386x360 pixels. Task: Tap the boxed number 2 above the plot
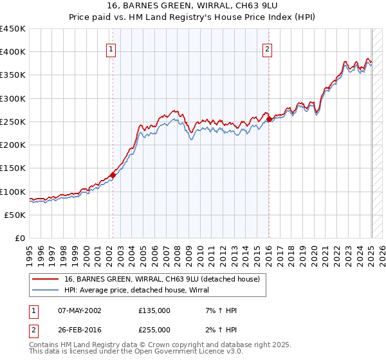click(x=267, y=48)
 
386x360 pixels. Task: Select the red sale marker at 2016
click(x=269, y=119)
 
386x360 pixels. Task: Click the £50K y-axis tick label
click(x=15, y=215)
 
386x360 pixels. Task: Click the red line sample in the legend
click(x=45, y=279)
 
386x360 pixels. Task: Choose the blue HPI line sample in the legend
click(x=45, y=290)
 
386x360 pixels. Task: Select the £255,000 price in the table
click(x=154, y=329)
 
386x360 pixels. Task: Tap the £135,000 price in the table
click(x=154, y=310)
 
